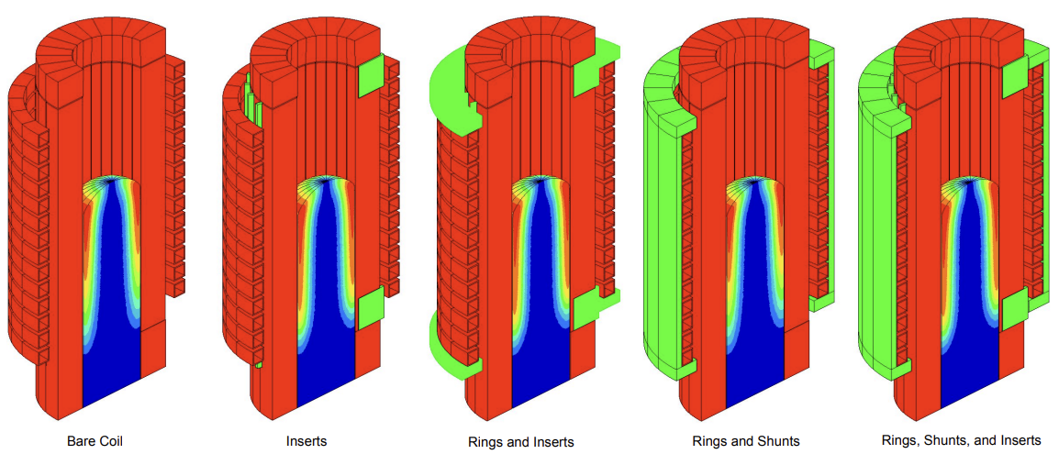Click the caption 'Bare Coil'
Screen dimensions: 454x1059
click(95, 441)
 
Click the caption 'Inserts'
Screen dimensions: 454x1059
click(307, 441)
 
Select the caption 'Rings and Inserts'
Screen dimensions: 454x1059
click(520, 442)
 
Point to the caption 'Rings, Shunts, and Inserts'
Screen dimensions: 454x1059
click(961, 440)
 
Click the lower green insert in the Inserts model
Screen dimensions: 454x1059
click(370, 309)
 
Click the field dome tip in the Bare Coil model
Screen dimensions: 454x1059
click(112, 180)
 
